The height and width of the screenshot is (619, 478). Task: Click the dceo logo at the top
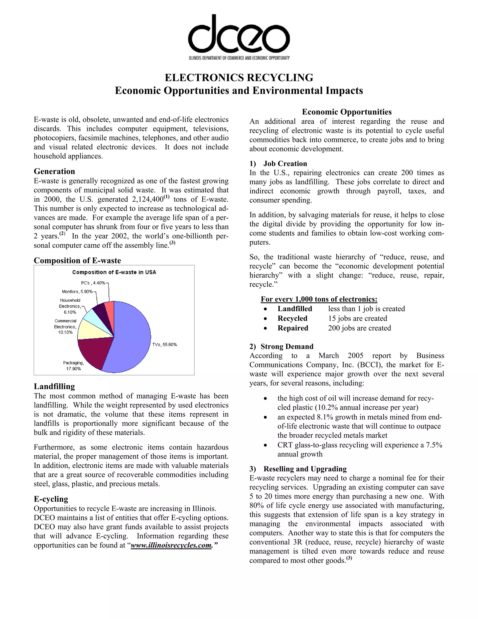tap(239, 37)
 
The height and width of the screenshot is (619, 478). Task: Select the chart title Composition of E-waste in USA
tap(114, 272)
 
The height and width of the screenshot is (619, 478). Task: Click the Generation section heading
tap(54, 171)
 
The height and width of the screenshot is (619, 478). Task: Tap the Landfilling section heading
tap(54, 386)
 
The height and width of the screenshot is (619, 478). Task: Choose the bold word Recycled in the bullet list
tap(292, 318)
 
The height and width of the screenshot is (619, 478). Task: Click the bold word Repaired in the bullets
tap(293, 328)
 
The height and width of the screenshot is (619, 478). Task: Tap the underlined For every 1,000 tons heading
tap(319, 299)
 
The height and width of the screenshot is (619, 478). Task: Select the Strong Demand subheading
tap(287, 346)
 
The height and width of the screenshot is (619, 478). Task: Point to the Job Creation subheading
tap(285, 164)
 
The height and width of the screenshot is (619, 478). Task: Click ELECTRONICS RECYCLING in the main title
tap(239, 77)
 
